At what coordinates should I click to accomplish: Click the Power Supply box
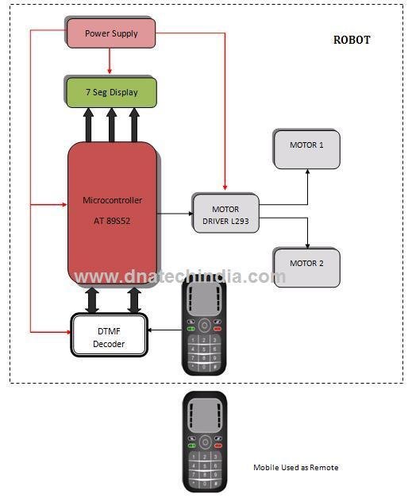coord(110,33)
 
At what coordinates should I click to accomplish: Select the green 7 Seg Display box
coord(111,92)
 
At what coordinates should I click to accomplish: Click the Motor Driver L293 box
coord(225,213)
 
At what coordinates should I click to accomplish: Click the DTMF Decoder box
coord(111,335)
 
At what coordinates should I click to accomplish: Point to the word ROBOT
coord(350,40)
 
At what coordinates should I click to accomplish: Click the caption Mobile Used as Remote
coord(295,467)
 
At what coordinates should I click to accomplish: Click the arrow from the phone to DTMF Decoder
coord(167,330)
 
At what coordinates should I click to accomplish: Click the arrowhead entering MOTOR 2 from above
coord(306,242)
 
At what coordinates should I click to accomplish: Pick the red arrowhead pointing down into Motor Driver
coord(225,189)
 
